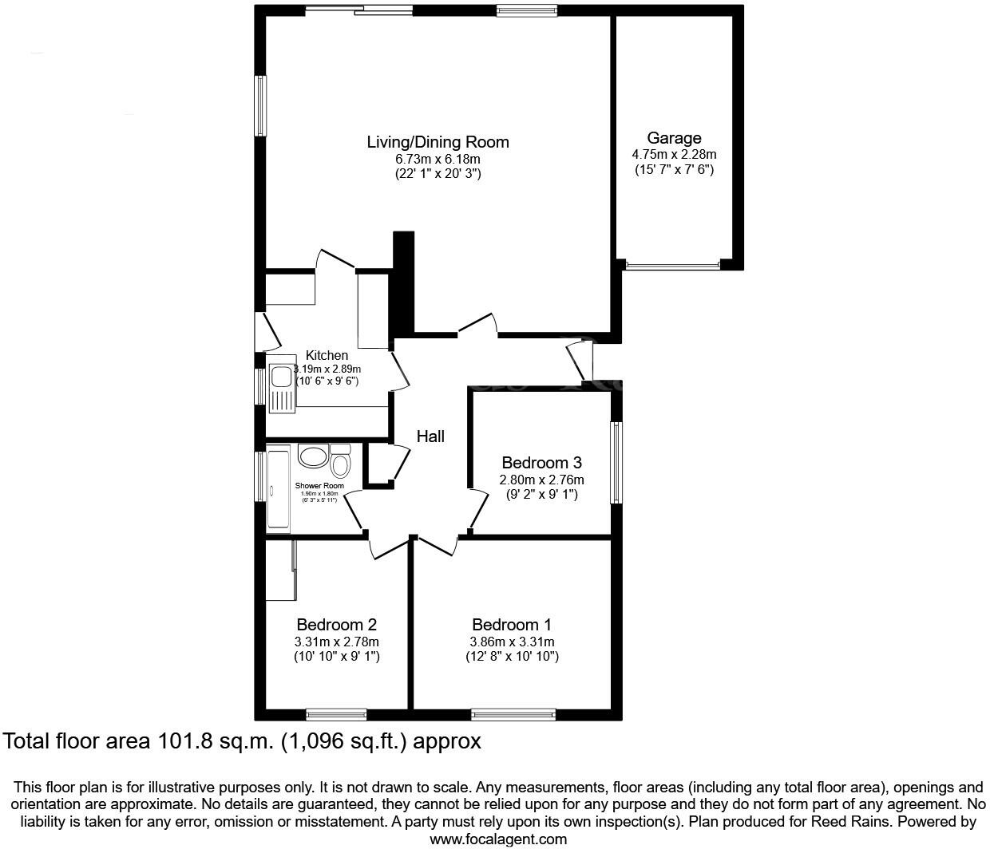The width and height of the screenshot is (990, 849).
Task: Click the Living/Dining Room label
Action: coord(438,143)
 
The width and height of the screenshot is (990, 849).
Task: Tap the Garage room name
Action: coord(674,138)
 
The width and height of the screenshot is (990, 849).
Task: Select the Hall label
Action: coord(430,436)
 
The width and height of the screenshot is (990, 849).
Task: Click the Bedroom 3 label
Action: coord(541,463)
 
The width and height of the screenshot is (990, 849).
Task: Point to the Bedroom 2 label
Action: coord(336,625)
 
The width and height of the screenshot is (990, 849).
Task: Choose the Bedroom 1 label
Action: coord(511,625)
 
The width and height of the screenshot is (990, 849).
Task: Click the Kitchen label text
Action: coord(327,356)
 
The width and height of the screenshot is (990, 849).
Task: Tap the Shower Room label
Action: coord(319,486)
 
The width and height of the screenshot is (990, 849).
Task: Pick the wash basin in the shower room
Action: coord(312,456)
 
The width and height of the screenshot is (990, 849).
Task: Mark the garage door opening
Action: coord(673,265)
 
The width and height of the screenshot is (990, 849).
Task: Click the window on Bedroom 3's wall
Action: coord(616,463)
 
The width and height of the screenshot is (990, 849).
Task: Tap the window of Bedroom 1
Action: coord(513,714)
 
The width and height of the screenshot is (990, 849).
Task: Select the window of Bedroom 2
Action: coord(336,714)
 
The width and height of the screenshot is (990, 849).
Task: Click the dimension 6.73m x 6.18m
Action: coord(438,160)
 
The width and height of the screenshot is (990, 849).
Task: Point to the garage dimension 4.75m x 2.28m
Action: coord(674,155)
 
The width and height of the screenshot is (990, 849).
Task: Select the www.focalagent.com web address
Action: coord(498,839)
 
